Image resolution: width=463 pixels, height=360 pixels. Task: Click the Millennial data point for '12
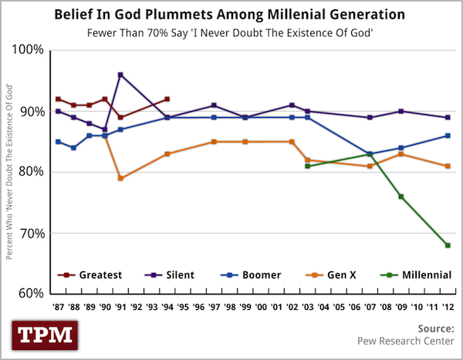[x=447, y=245]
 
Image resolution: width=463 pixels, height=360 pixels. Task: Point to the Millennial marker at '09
[x=401, y=197]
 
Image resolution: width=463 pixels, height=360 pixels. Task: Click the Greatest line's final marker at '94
[x=167, y=99]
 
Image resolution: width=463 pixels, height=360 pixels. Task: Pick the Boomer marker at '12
[x=447, y=136]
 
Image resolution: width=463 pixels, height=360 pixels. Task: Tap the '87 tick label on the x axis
[x=59, y=307]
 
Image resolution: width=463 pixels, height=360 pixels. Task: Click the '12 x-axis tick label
[x=447, y=307]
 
